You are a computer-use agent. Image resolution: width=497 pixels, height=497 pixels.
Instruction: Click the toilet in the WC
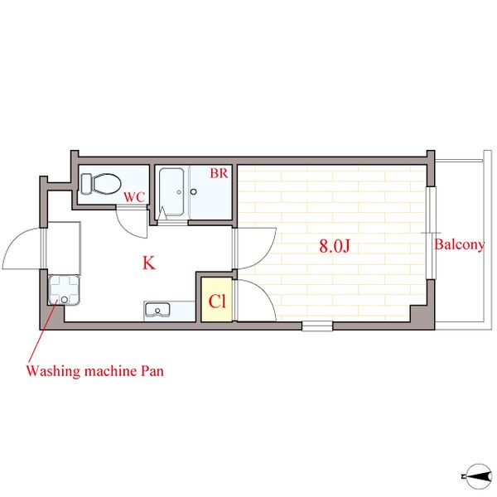click(x=101, y=184)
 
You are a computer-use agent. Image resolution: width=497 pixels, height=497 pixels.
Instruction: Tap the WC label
click(x=134, y=197)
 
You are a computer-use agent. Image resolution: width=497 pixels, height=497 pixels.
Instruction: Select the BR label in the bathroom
click(x=219, y=173)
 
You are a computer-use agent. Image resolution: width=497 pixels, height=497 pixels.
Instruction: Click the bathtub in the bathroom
click(x=171, y=192)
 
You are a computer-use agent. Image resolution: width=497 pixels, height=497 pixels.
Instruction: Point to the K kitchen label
click(x=148, y=263)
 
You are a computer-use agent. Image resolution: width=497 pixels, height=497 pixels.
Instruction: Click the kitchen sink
click(x=157, y=310)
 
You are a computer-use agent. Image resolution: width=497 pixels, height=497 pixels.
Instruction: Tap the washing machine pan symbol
click(x=64, y=291)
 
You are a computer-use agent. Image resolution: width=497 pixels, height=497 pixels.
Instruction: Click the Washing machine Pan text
click(x=94, y=370)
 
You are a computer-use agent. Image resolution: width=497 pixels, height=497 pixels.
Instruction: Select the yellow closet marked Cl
click(x=217, y=300)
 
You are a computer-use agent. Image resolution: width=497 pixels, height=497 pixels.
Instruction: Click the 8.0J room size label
click(x=335, y=246)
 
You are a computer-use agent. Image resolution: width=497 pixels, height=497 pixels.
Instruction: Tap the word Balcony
click(x=459, y=244)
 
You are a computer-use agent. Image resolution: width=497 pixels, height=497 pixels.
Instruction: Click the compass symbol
click(x=478, y=476)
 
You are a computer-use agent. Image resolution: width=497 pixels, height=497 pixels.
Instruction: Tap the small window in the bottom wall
click(x=317, y=326)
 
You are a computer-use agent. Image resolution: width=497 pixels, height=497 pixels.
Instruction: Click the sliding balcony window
click(x=431, y=233)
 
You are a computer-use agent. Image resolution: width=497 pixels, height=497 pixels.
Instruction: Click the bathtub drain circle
click(x=179, y=192)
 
